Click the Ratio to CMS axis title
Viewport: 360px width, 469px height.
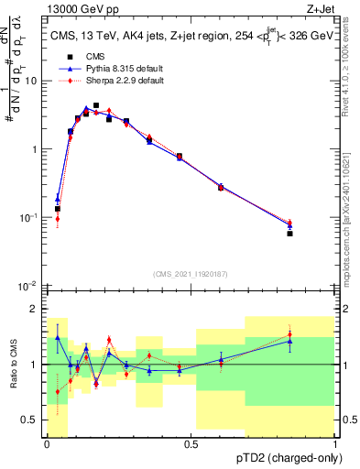click(13, 365)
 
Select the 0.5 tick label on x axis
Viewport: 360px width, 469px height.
click(191, 443)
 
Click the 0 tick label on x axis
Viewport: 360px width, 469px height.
click(47, 443)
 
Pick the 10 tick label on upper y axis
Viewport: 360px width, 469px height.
click(30, 81)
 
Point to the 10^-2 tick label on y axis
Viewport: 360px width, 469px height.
click(28, 286)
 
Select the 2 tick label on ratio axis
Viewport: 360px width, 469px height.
click(35, 309)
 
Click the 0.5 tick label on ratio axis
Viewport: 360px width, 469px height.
click(30, 421)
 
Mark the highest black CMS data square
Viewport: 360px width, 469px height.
click(96, 105)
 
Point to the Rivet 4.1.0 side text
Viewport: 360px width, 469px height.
click(352, 60)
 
